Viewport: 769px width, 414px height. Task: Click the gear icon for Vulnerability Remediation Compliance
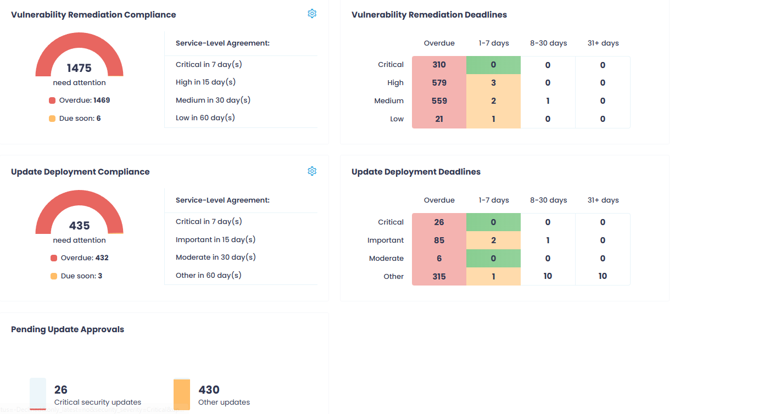(312, 14)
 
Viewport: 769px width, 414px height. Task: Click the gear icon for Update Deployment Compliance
(312, 171)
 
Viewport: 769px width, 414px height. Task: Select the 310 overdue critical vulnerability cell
(439, 65)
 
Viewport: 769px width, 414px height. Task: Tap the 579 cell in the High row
(439, 83)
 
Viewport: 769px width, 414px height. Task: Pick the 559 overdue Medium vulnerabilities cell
(439, 101)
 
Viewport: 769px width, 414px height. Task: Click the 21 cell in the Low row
(439, 119)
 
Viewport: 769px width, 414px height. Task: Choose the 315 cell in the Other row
(439, 277)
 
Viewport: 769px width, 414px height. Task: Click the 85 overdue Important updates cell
(439, 240)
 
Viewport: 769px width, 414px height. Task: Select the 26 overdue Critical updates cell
(439, 222)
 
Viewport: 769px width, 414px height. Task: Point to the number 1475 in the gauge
(79, 68)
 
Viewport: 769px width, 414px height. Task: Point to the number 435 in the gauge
(79, 226)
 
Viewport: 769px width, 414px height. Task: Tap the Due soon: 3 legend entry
(76, 276)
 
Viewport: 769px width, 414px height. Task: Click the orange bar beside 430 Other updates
(181, 394)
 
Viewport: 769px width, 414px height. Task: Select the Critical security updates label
(98, 402)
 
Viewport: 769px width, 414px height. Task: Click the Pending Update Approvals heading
(68, 329)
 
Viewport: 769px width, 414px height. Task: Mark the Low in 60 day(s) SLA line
(205, 118)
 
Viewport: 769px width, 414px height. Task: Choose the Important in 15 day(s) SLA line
(215, 240)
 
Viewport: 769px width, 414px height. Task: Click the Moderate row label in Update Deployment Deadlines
(386, 259)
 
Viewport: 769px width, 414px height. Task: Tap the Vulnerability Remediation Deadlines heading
(429, 15)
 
